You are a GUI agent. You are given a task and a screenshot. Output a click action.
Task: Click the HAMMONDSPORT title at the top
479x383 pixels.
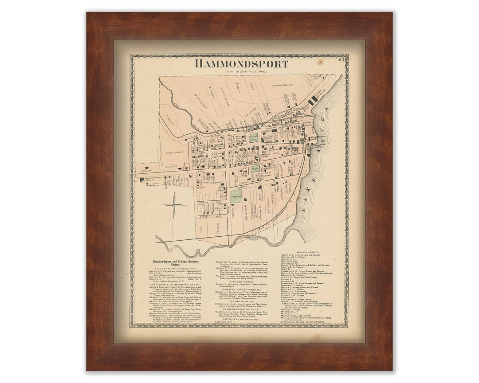[x=241, y=64]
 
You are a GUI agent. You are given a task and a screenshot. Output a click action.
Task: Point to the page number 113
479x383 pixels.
[x=341, y=59]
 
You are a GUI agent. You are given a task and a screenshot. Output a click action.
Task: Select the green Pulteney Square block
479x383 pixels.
[x=253, y=138]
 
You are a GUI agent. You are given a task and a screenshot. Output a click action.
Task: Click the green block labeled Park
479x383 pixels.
[x=255, y=169]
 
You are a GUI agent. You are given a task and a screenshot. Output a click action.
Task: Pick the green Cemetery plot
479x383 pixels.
[x=236, y=196]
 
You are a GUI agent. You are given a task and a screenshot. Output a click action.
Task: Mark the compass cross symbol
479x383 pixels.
[x=174, y=204]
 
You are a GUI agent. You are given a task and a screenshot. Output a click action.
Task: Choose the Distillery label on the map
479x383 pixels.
[x=152, y=185]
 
